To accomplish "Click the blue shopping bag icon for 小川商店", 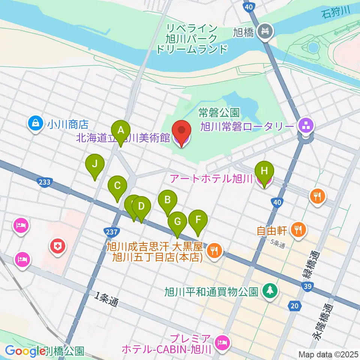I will click(x=35, y=123).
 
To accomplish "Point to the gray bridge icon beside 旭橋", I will click(x=266, y=30).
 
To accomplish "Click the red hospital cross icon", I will click(x=57, y=247).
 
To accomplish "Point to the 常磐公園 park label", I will click(x=219, y=112).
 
